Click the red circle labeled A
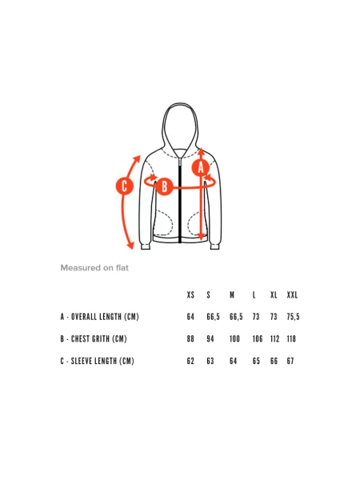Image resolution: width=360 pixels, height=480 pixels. [x=201, y=167]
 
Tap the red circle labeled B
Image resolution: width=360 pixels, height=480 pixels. [x=164, y=186]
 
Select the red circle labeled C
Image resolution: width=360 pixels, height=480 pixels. [x=125, y=186]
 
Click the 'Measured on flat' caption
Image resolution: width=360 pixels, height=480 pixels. [x=94, y=268]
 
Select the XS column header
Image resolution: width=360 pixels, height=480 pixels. [x=190, y=294]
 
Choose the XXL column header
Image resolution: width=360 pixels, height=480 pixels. [x=292, y=294]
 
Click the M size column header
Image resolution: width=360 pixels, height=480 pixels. [x=232, y=294]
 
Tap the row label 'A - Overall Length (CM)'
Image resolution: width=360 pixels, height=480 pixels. [x=100, y=317]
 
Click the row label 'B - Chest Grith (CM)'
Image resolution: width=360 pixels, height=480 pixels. [x=94, y=339]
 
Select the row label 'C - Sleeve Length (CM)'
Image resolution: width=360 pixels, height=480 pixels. [x=98, y=361]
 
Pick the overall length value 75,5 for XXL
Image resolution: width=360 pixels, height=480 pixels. [x=293, y=317]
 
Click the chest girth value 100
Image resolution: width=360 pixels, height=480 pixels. [x=234, y=339]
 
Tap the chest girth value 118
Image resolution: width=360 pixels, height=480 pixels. [x=291, y=339]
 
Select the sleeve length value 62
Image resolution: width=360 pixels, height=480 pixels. [x=190, y=362]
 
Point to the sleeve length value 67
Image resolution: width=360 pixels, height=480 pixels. [x=290, y=362]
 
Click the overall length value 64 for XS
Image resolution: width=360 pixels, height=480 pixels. [x=190, y=317]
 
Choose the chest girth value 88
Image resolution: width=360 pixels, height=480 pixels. [x=190, y=339]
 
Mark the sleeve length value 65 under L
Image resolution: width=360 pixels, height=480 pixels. [x=256, y=362]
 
